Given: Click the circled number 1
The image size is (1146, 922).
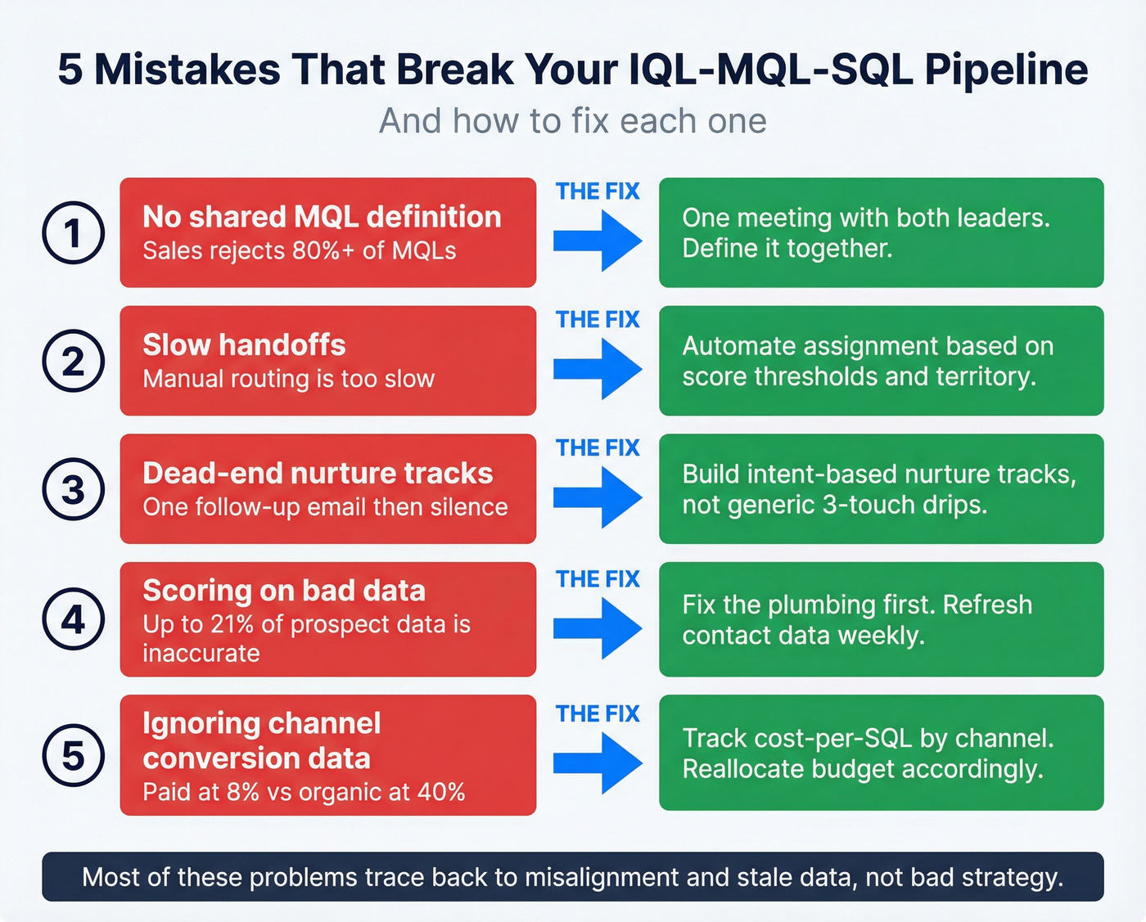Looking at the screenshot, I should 73,232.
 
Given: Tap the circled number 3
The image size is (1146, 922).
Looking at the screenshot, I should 73,489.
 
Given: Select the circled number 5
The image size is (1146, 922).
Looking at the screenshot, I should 73,755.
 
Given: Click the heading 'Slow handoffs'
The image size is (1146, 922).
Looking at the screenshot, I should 244,344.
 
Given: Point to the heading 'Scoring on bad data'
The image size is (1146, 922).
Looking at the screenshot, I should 284,590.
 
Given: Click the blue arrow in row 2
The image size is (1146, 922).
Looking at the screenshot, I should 598,369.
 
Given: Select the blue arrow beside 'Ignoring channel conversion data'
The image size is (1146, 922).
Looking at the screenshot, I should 598,762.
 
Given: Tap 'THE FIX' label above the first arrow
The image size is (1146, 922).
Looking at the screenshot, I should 598,191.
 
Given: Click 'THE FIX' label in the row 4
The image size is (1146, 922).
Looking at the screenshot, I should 598,579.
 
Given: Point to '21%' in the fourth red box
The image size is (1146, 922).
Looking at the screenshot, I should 232,624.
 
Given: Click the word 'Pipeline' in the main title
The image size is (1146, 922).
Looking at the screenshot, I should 1006,69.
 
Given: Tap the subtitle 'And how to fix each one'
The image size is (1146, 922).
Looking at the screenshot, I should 572,121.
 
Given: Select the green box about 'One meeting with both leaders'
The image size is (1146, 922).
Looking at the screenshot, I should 881,232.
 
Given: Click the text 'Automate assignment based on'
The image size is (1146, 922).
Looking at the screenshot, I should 867,346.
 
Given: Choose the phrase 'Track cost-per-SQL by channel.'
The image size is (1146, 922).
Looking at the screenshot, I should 868,738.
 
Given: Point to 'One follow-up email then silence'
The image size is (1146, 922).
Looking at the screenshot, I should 325,507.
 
